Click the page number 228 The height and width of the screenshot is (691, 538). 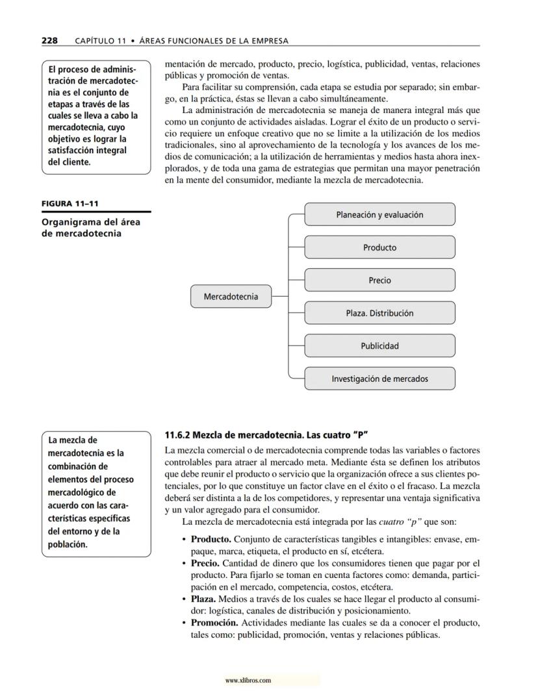(49, 40)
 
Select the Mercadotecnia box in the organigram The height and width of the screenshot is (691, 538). (231, 297)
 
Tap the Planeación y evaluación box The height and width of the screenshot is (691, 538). (379, 214)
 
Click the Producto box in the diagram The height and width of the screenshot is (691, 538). (379, 247)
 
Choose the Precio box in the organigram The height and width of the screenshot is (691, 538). (379, 281)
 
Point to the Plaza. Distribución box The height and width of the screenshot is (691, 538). (379, 313)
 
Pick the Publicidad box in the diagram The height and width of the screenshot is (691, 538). (379, 346)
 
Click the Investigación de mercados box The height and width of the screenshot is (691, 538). (379, 379)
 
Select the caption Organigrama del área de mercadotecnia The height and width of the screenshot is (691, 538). (90, 228)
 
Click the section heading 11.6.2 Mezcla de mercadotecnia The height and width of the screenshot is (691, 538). (267, 434)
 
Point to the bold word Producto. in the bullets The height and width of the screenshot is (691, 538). (211, 539)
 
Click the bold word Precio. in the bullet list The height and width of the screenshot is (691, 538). (206, 563)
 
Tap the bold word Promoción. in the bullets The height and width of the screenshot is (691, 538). (214, 623)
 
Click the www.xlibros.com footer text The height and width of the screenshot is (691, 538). (248, 681)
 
